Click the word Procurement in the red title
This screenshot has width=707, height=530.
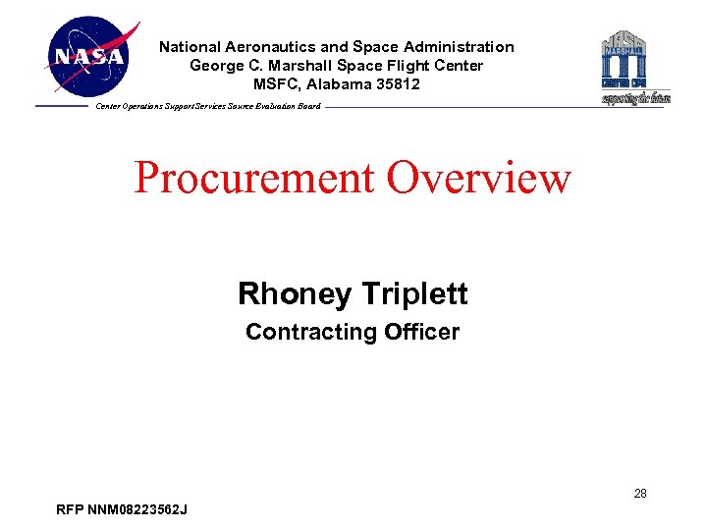pos(254,178)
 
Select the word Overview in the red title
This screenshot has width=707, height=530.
pos(479,178)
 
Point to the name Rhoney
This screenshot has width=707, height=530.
pos(295,293)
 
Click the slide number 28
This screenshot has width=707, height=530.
pos(639,494)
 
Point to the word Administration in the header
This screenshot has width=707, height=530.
pos(464,47)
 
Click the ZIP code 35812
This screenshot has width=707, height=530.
pos(397,84)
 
